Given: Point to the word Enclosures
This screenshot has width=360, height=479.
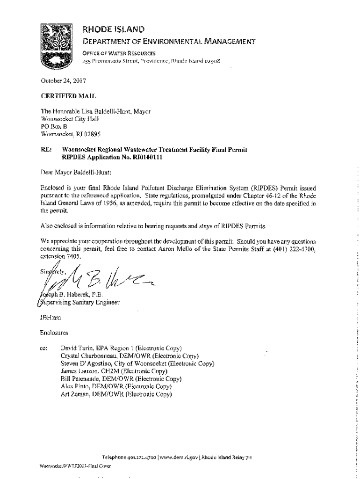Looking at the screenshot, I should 55,333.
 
